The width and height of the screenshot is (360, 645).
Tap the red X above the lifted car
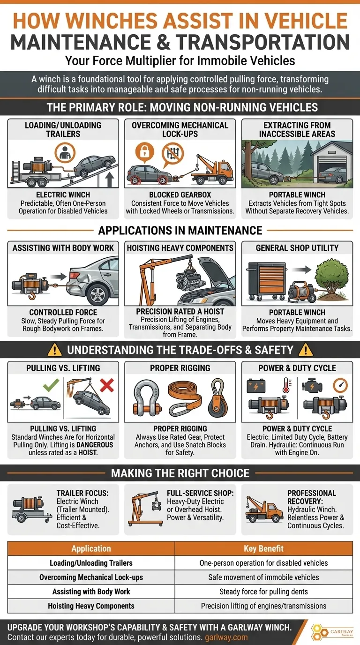click(x=107, y=386)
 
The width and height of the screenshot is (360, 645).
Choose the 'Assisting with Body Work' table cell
click(x=91, y=592)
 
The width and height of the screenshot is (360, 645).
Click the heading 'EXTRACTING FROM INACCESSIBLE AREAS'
click(x=297, y=130)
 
